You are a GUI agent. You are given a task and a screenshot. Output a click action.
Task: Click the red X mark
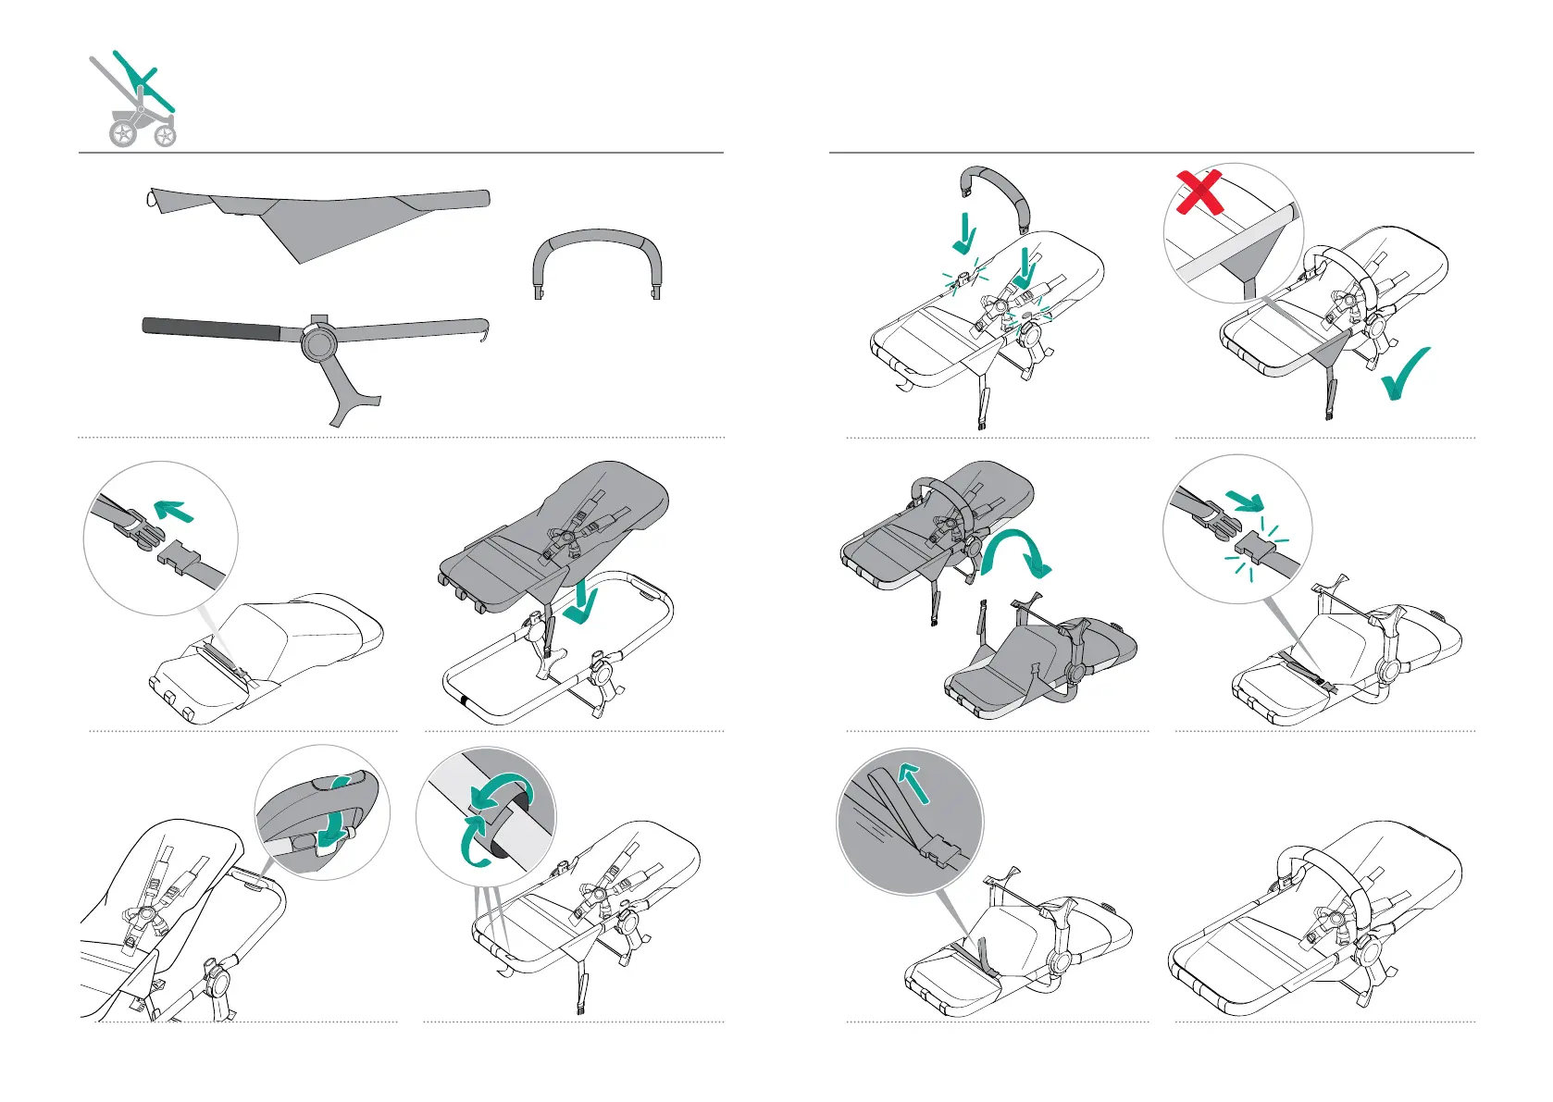click(1199, 192)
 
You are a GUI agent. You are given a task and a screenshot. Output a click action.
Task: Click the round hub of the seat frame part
click(318, 343)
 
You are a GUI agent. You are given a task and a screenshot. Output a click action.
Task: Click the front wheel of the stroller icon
click(166, 137)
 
